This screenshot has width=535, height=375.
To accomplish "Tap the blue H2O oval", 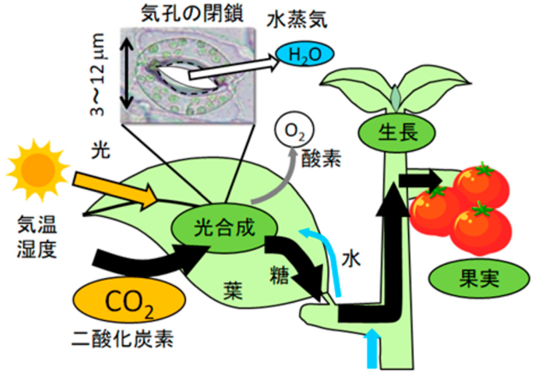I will [x=305, y=57].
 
